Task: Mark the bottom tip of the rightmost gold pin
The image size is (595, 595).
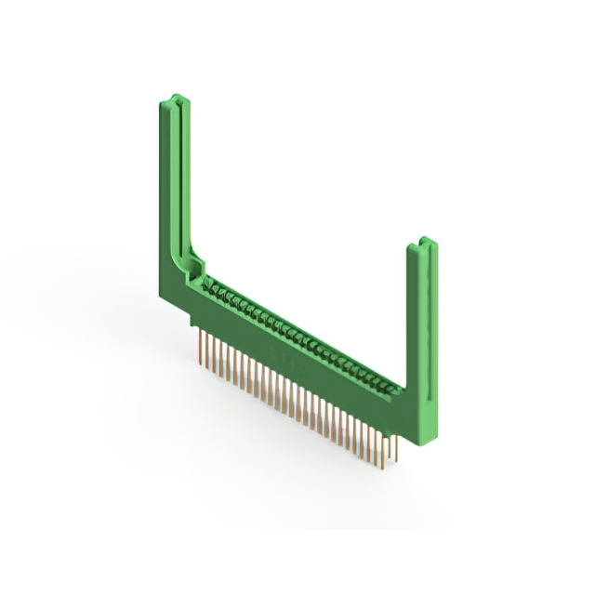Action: tap(397, 459)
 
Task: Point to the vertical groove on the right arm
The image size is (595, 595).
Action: tap(427, 325)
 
